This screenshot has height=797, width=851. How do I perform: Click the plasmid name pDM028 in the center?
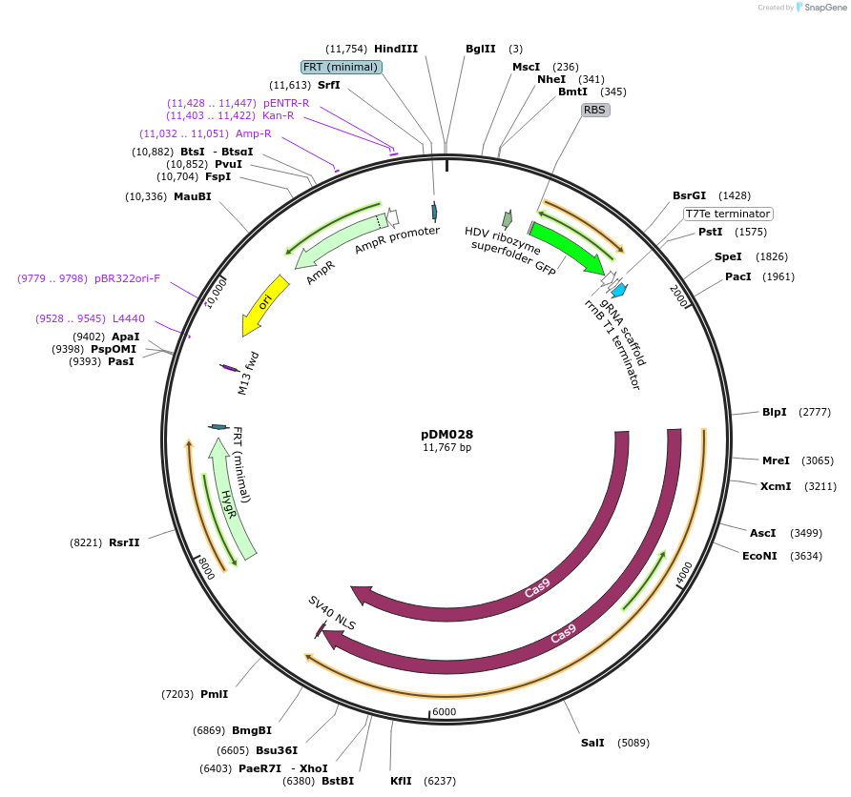(x=446, y=434)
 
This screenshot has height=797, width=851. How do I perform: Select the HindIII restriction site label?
(x=395, y=49)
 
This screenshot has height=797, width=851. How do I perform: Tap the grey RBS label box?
(x=595, y=110)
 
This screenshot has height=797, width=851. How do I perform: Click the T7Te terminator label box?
(x=728, y=214)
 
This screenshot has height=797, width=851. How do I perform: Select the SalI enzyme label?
(x=592, y=742)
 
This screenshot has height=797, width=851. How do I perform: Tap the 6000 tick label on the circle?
(x=445, y=711)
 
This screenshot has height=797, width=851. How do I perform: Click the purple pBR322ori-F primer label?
(x=127, y=278)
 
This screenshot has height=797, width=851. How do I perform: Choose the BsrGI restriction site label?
(x=689, y=195)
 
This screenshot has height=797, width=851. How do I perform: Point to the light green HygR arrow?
(x=233, y=496)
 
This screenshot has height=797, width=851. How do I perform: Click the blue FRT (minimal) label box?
(x=342, y=67)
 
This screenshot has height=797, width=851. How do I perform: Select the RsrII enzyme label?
(x=124, y=542)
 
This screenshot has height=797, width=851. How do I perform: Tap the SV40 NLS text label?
(x=331, y=613)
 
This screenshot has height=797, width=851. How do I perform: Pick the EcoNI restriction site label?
(x=763, y=555)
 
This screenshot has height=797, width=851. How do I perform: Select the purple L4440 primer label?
(x=129, y=318)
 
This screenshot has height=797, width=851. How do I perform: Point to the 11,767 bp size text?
(x=446, y=447)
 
